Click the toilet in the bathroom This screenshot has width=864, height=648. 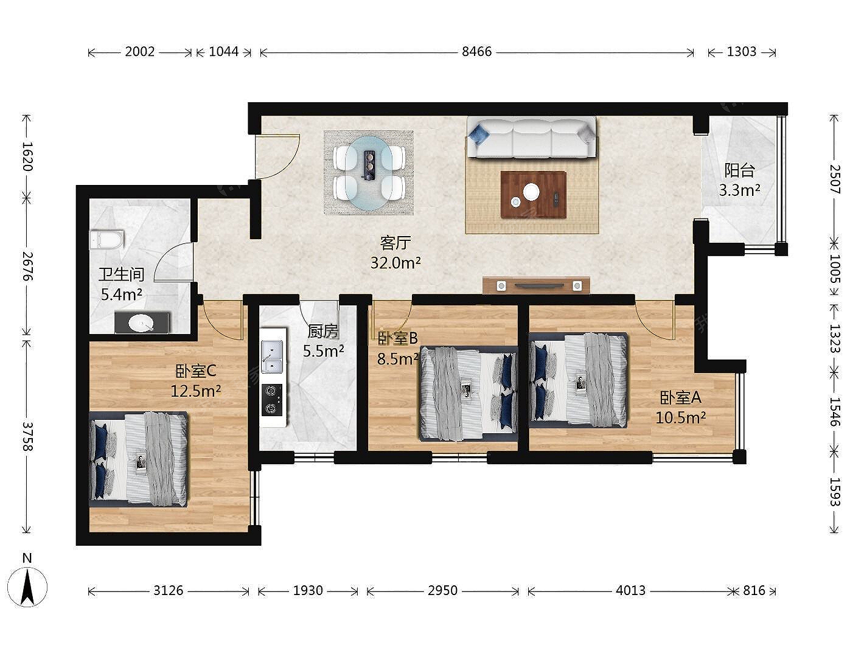(x=106, y=240)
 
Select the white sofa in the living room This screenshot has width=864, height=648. (x=531, y=137)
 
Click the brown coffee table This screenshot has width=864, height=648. (x=534, y=194)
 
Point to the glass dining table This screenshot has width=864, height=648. (x=369, y=173)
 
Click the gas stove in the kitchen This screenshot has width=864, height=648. (x=272, y=400)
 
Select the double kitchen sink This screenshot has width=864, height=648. (x=272, y=356)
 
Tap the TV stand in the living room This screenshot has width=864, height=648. (x=536, y=285)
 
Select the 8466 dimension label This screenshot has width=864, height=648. (x=476, y=52)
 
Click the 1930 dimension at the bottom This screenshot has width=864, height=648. (x=308, y=590)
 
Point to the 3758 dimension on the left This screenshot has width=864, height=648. (x=27, y=436)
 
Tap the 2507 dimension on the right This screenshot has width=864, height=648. (x=835, y=179)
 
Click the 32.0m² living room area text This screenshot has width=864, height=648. (x=395, y=262)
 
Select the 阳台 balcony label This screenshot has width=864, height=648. (x=740, y=170)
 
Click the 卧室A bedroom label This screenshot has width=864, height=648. (x=681, y=398)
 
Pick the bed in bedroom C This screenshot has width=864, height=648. (x=139, y=459)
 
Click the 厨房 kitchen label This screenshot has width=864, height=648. (x=323, y=332)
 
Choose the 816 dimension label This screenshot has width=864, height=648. (x=754, y=590)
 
